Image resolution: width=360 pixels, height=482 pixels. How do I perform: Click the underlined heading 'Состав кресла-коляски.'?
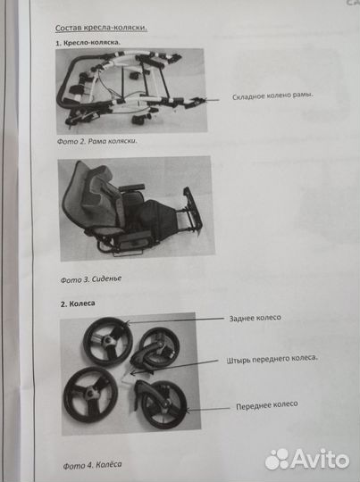click(x=101, y=27)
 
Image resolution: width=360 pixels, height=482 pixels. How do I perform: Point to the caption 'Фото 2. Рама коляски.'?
click(x=97, y=141)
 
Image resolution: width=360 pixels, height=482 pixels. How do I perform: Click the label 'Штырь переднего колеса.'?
click(x=272, y=359)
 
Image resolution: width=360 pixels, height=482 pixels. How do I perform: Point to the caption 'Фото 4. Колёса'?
click(x=93, y=465)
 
